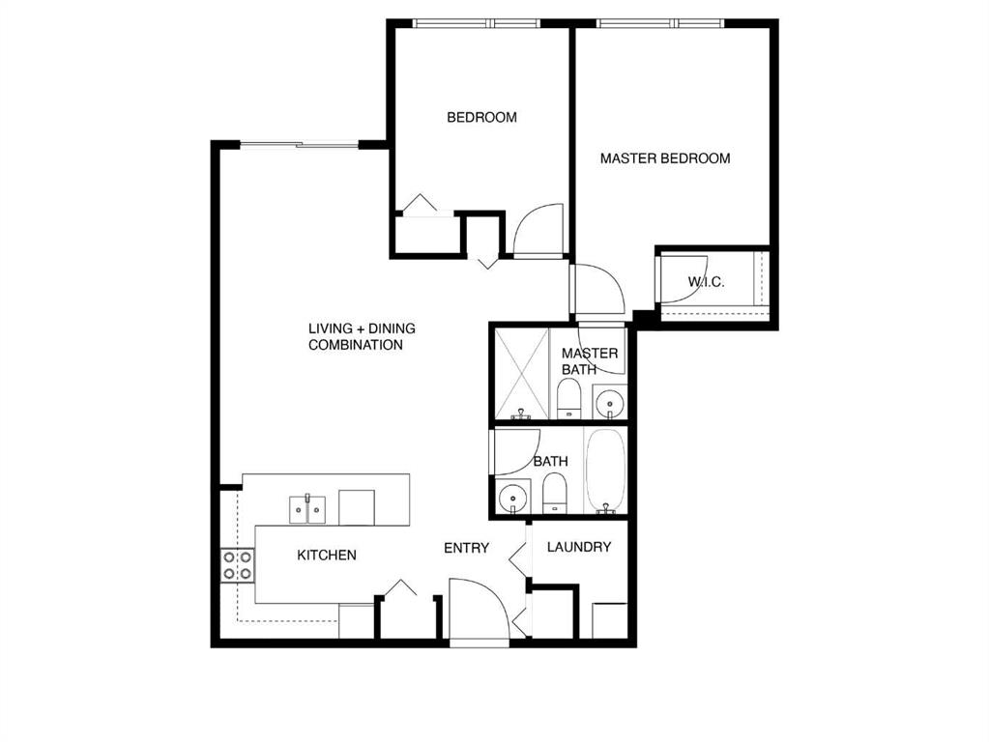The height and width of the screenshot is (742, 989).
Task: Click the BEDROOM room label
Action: [x=481, y=117]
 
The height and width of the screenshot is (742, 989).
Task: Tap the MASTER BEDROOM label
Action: [x=665, y=158]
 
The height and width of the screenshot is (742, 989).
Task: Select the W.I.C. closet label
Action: [x=706, y=282]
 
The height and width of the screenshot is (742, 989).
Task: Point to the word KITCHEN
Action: [x=327, y=556]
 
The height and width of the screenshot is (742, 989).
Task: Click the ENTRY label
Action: [x=466, y=549]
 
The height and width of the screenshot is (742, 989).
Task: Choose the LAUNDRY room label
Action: [x=579, y=547]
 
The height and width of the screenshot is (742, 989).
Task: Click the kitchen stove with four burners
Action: [x=238, y=565]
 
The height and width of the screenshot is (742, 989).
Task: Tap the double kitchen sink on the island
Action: [x=307, y=509]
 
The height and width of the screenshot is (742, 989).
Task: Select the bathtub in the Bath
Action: [x=605, y=470]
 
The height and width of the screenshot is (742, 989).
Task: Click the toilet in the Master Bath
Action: [x=568, y=398]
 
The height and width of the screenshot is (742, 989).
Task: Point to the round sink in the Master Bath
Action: [x=609, y=401]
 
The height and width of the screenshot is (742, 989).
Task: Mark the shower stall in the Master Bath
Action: [x=521, y=374]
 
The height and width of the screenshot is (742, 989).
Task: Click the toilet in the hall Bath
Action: [x=555, y=494]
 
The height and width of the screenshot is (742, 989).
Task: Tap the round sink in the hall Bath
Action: [x=512, y=498]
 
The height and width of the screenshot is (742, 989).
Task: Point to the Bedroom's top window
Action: [x=477, y=23]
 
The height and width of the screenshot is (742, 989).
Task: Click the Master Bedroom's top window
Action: [x=661, y=23]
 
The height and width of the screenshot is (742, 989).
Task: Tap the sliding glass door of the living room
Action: [x=300, y=145]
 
